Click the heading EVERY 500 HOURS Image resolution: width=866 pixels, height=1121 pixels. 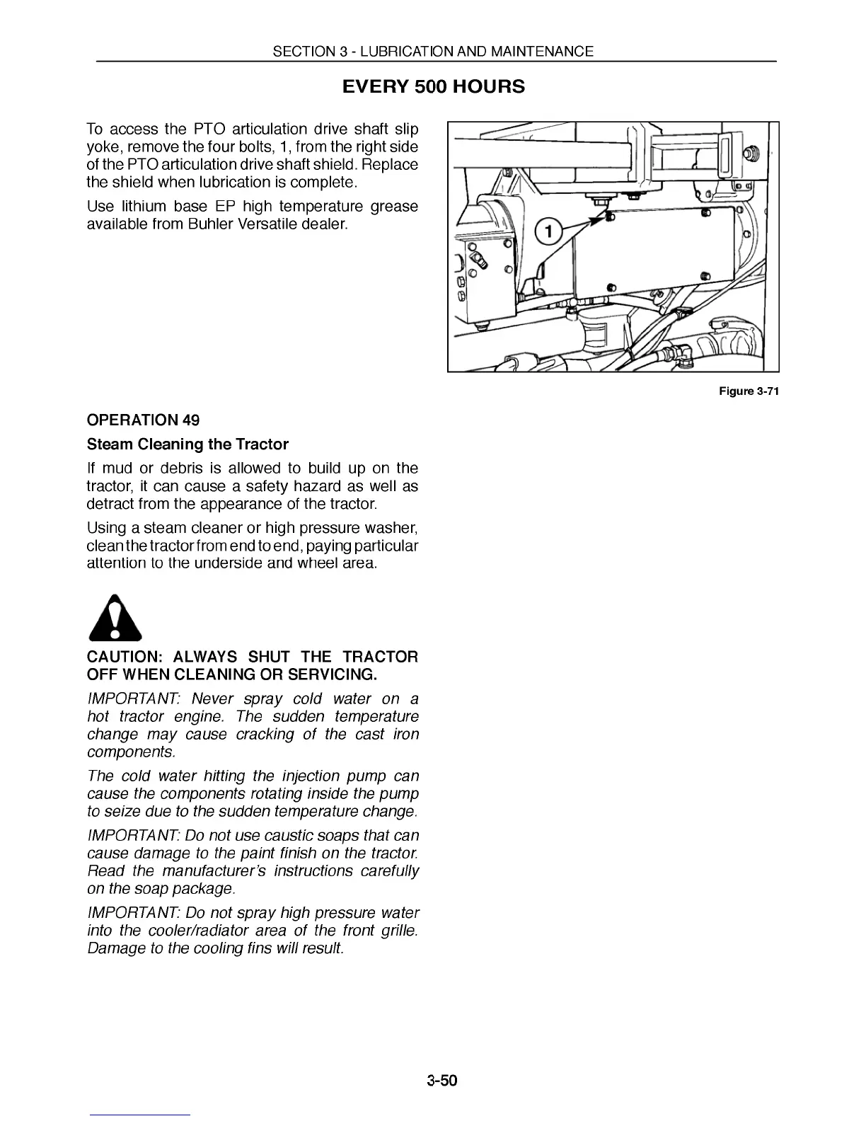coord(433,87)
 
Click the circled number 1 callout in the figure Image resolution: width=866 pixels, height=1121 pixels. coord(548,231)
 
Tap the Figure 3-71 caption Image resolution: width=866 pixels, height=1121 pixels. coord(749,391)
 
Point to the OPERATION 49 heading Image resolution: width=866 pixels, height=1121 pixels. coord(143,420)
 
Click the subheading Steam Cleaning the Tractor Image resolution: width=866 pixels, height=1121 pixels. coord(187,444)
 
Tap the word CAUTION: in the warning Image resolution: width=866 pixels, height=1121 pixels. coord(123,657)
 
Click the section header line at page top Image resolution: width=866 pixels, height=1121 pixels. coord(433,51)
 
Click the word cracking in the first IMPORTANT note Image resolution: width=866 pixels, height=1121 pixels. coord(265,735)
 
